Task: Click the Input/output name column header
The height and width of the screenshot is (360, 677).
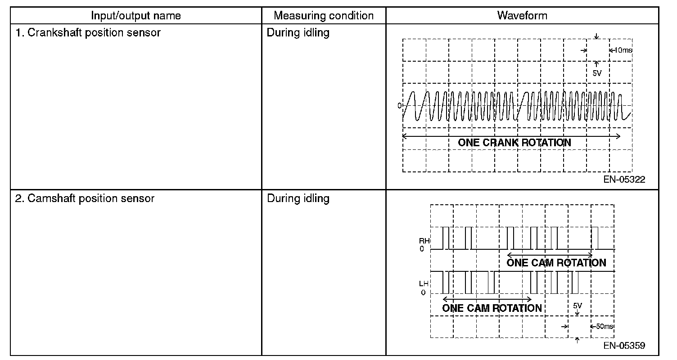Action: [135, 16]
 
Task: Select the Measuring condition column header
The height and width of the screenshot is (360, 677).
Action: [324, 16]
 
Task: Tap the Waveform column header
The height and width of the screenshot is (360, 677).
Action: [522, 16]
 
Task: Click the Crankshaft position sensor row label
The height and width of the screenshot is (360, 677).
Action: [88, 33]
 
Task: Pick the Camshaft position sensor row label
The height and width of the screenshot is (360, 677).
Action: [85, 198]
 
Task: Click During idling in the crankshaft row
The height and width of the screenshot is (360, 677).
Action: [298, 33]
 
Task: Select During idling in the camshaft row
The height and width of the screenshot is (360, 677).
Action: [298, 198]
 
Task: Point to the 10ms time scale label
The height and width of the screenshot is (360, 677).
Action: [623, 50]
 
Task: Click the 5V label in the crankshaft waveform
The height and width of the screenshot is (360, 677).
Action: [597, 73]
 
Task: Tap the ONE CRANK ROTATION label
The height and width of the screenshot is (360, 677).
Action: [514, 143]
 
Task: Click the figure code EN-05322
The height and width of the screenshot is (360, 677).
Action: [624, 180]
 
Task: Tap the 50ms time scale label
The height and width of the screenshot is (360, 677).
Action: [605, 326]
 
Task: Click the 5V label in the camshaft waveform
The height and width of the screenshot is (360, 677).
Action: [578, 306]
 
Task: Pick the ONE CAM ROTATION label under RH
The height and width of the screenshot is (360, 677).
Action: [556, 263]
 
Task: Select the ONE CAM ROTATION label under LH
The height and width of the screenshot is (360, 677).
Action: [492, 308]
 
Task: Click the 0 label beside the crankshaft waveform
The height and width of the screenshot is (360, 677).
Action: [399, 106]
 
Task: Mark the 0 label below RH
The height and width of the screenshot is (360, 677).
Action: [422, 249]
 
